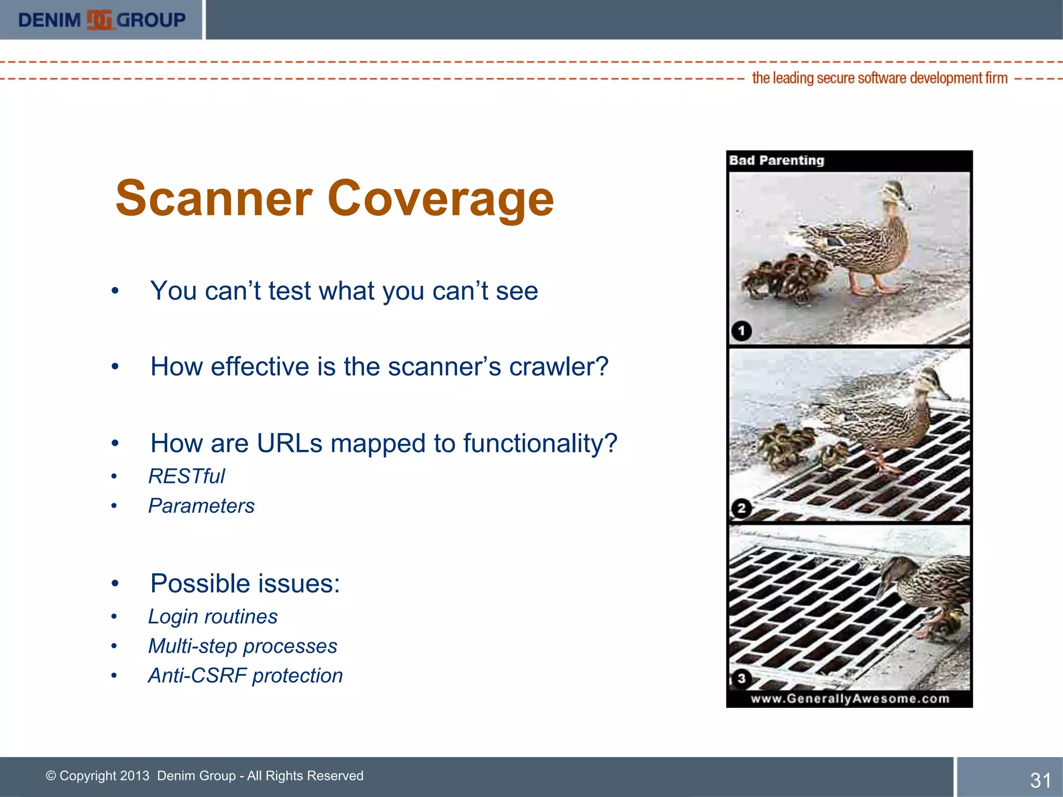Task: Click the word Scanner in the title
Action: click(x=213, y=199)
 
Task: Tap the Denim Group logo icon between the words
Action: click(x=99, y=20)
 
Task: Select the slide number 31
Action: click(x=1040, y=780)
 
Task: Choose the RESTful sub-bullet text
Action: click(x=186, y=476)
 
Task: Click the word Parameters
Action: click(x=201, y=506)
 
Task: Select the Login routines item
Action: click(x=213, y=617)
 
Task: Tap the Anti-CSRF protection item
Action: click(x=246, y=676)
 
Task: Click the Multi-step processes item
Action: click(x=242, y=647)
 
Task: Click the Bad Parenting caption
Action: click(x=776, y=160)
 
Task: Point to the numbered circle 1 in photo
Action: click(x=741, y=331)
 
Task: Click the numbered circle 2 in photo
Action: click(x=741, y=508)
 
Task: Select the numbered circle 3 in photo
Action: click(x=741, y=678)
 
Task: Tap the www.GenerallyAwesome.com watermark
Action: click(x=850, y=699)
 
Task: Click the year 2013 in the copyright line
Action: click(x=134, y=776)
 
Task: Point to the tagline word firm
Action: click(x=997, y=78)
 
